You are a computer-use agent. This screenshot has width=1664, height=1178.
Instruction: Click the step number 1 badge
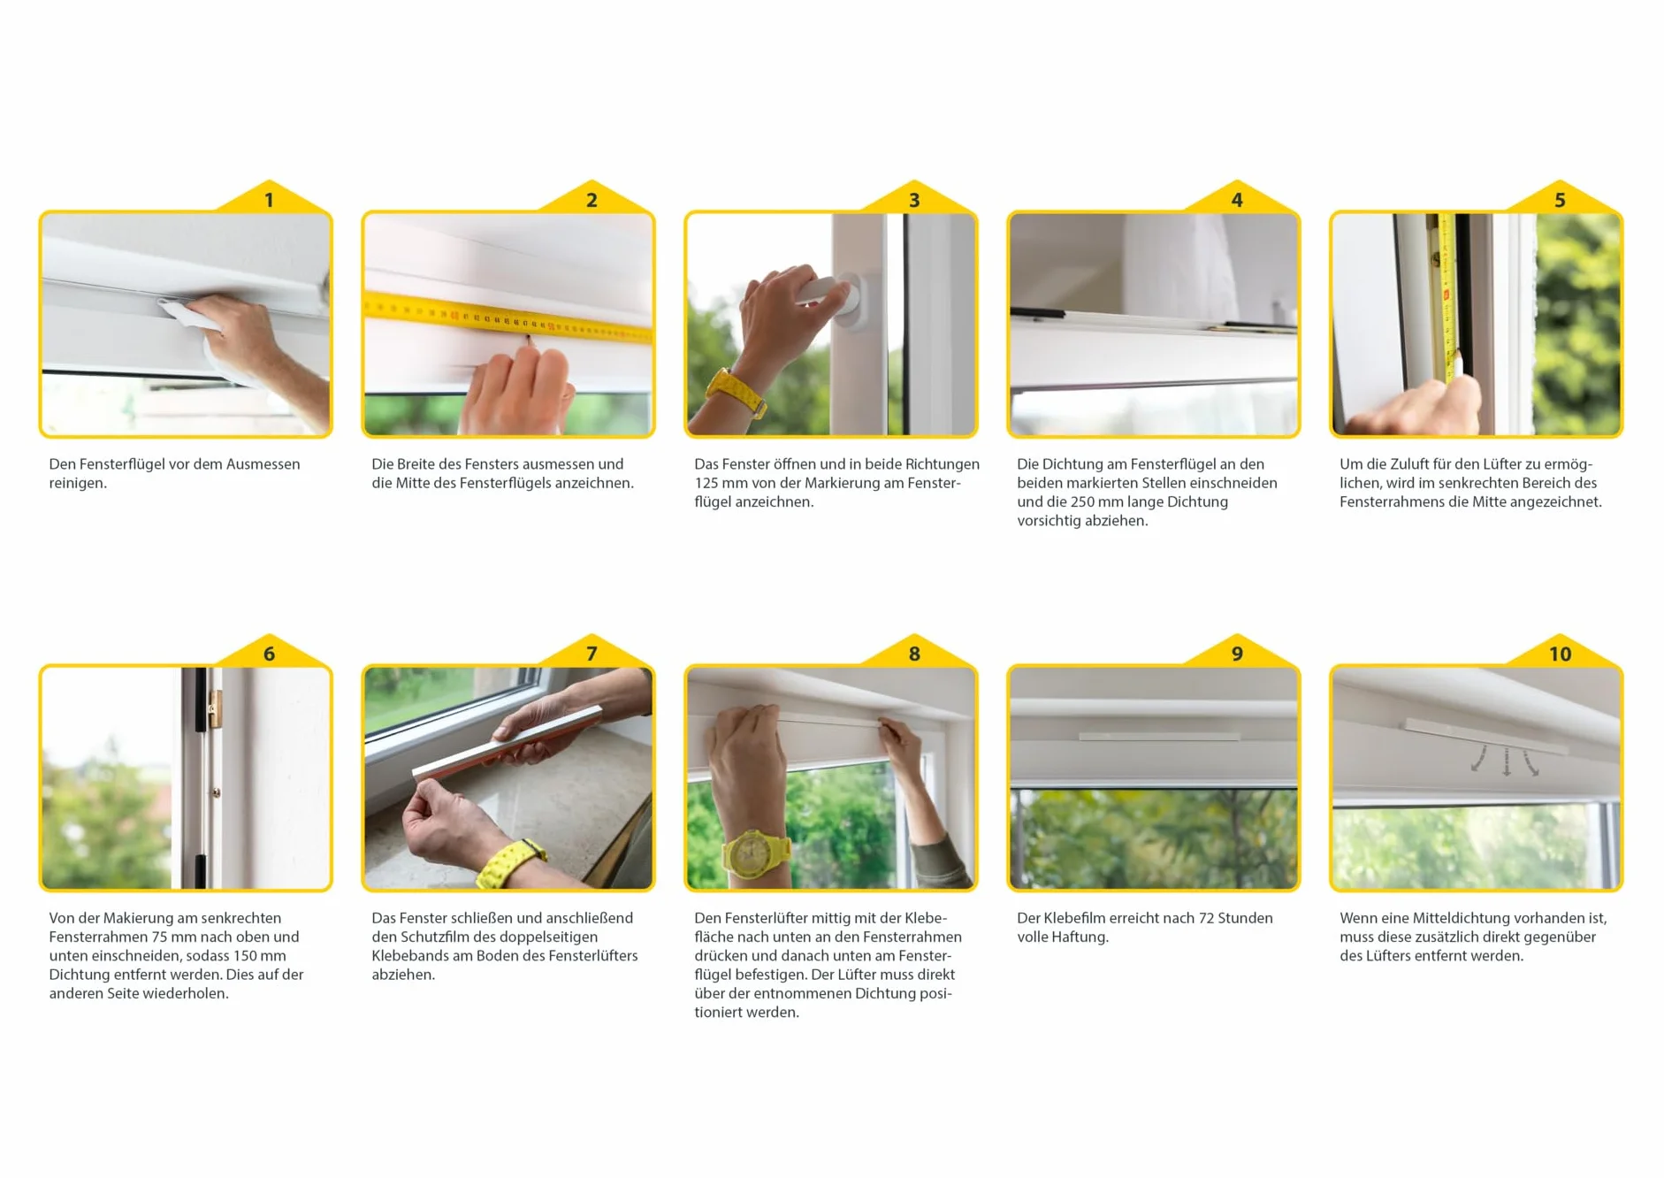click(x=270, y=199)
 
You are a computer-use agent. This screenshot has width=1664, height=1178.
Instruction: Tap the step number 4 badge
click(x=1237, y=199)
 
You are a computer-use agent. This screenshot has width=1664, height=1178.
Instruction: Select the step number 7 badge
click(x=592, y=653)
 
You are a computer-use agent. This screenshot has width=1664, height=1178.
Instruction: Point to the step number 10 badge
click(x=1560, y=653)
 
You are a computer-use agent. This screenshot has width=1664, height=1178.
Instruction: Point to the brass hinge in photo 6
click(x=213, y=708)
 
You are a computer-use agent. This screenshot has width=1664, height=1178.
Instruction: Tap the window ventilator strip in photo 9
click(x=1159, y=736)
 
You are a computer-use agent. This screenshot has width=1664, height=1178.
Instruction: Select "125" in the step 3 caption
click(x=706, y=483)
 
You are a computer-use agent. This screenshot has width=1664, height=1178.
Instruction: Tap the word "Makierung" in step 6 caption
click(x=140, y=918)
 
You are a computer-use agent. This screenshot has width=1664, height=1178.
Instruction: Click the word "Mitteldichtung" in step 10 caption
click(x=1462, y=918)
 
